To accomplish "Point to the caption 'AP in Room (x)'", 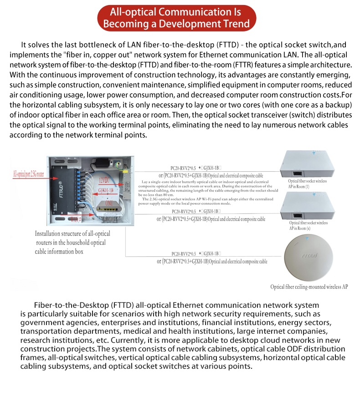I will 302,228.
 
